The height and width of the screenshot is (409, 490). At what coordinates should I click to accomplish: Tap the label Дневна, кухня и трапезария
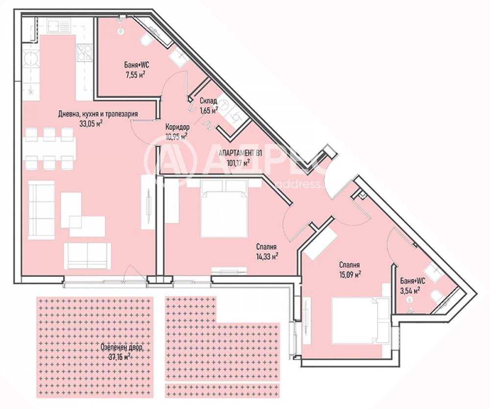tap(98, 114)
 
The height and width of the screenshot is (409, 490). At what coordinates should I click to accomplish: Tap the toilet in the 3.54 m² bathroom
tap(436, 295)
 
